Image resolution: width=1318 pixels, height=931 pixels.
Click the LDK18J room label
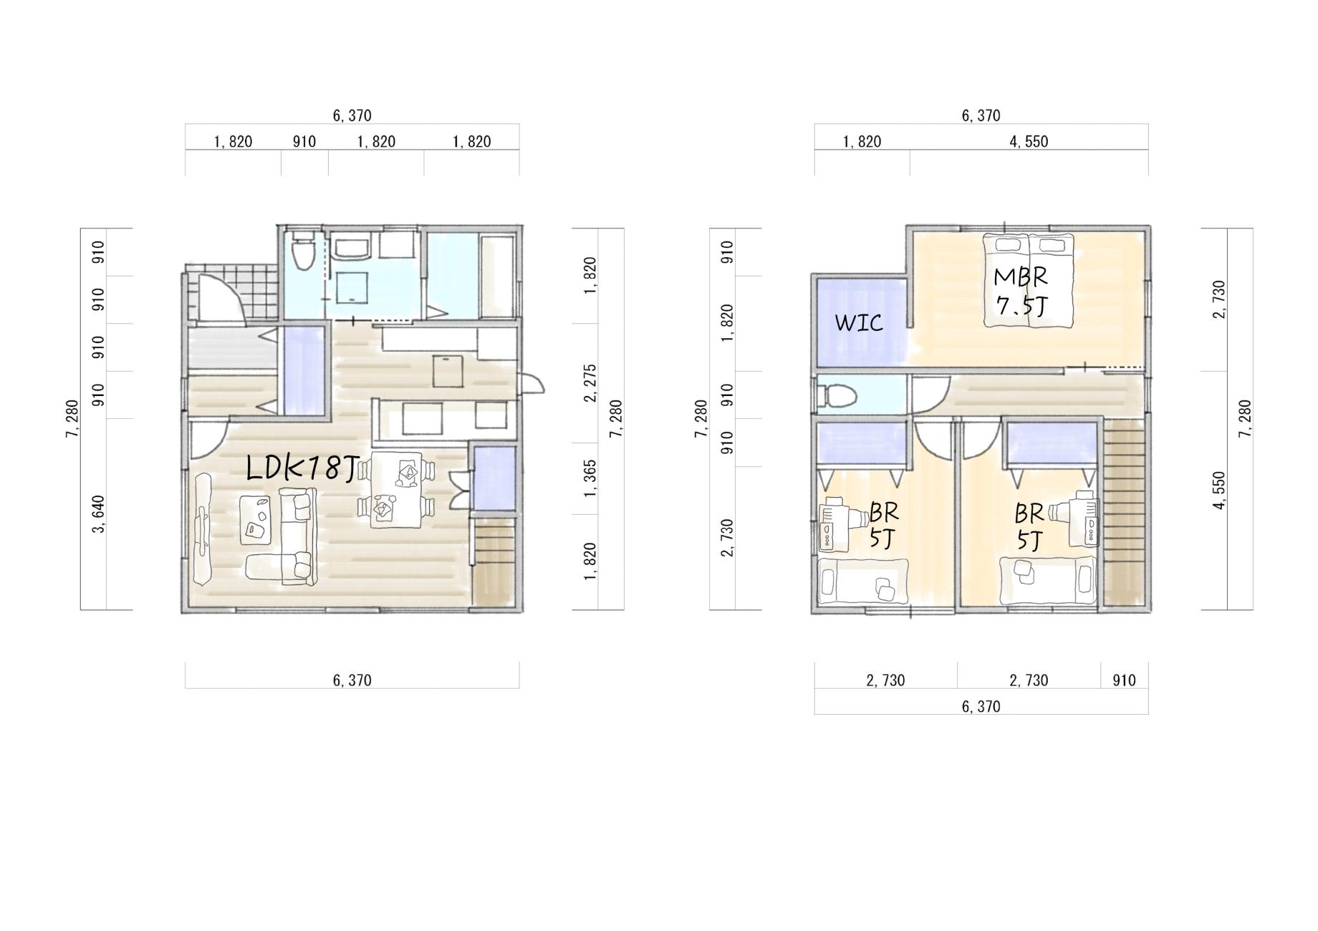302,469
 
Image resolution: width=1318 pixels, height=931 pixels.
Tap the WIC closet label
859,323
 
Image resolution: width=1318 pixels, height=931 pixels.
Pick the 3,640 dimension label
99,514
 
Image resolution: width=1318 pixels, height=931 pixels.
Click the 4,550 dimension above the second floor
1029,142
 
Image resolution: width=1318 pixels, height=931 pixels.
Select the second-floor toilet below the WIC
837,395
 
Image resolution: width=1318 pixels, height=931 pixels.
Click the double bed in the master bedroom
1029,281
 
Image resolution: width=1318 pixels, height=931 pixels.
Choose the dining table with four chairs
395,490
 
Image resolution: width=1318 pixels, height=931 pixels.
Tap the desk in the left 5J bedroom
834,524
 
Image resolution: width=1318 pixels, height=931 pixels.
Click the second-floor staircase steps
1122,513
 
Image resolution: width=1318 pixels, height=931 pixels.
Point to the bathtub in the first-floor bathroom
496,276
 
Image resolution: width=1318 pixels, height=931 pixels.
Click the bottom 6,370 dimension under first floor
352,680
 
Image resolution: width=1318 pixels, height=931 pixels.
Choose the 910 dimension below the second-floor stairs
1124,680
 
